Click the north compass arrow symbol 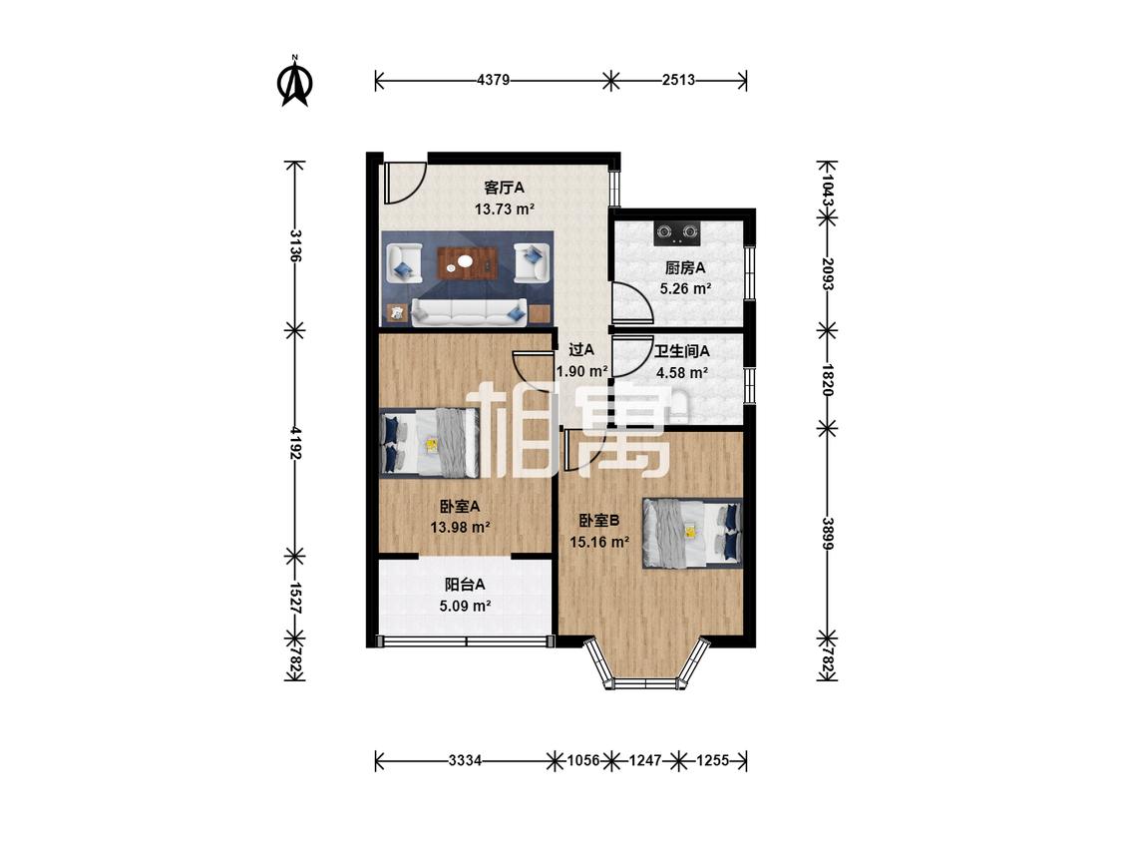point(294,81)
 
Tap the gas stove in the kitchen point(677,232)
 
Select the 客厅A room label point(505,188)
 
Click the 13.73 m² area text point(505,210)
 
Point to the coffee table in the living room point(466,261)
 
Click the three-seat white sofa point(468,312)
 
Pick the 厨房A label point(685,267)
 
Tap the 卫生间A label point(682,351)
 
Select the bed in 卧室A point(429,443)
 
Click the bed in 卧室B point(693,534)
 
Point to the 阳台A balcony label point(465,585)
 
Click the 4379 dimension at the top point(493,80)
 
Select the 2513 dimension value point(678,80)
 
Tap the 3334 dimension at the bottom point(465,760)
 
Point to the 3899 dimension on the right point(827,534)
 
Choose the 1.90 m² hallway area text point(582,371)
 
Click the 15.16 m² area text point(599,542)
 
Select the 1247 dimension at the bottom point(644,760)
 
